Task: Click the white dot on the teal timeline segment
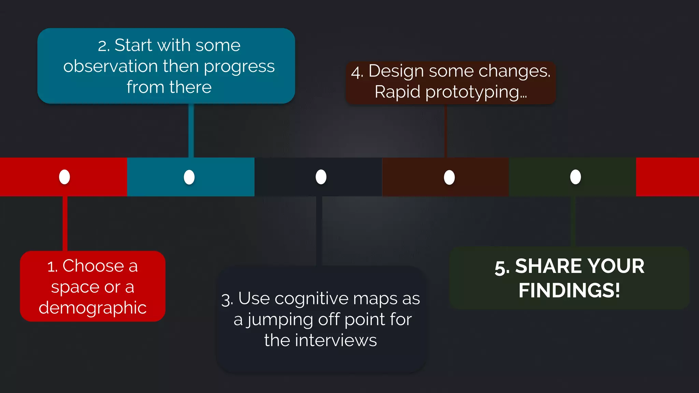(x=189, y=177)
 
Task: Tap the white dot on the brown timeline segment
(x=449, y=177)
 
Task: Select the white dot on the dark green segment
(x=575, y=177)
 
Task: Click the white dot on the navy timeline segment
(x=321, y=177)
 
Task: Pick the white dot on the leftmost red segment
(x=65, y=177)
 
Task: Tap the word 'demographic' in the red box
(x=92, y=308)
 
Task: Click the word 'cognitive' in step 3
(x=312, y=299)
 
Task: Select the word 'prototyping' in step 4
(x=472, y=92)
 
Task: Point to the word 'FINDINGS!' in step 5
(x=569, y=290)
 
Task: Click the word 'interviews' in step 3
(x=336, y=340)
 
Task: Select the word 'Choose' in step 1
(x=93, y=266)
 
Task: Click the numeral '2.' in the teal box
(x=104, y=46)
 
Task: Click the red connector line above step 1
(x=65, y=223)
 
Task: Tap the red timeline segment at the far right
(x=667, y=177)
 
